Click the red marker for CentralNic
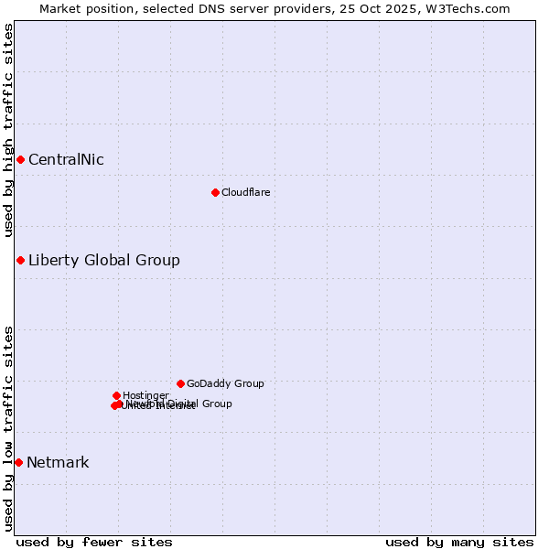tap(20, 160)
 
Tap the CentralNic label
tap(66, 160)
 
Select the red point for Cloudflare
tap(215, 192)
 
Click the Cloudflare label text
tap(245, 192)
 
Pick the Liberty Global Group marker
tap(20, 261)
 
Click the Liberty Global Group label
tap(103, 261)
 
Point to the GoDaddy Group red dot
tap(180, 383)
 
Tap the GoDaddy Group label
tap(225, 384)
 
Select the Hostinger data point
tap(116, 395)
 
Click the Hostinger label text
tap(145, 395)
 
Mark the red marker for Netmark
tap(18, 462)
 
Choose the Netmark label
tap(58, 462)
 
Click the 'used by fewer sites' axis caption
tap(94, 542)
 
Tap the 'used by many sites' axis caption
tap(459, 542)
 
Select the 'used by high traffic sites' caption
tap(8, 130)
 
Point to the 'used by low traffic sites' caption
tap(8, 427)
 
